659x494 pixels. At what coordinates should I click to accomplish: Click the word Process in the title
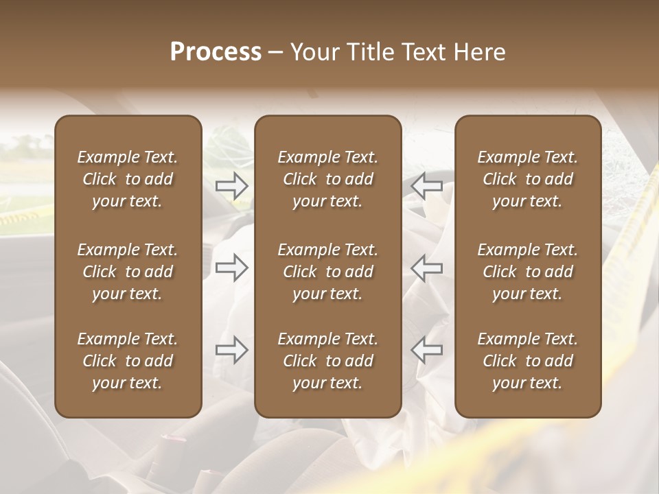coord(216,52)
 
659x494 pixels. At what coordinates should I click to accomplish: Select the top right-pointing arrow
coord(232,185)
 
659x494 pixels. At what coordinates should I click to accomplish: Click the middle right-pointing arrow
coord(232,268)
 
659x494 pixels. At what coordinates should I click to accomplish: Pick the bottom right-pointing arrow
coord(232,349)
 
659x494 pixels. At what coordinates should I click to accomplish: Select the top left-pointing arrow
coord(427,185)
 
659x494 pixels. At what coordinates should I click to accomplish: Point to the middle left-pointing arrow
coord(427,268)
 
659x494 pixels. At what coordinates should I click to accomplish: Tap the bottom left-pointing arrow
coord(427,349)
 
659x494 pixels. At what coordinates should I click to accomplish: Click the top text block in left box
coord(128,179)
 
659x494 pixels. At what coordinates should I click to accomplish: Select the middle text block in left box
coord(128,272)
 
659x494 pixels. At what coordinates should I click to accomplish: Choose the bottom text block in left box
coord(128,361)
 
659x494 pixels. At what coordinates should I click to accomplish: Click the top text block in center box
coord(328,179)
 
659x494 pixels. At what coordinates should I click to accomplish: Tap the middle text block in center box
coord(328,272)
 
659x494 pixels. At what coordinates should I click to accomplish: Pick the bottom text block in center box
coord(328,361)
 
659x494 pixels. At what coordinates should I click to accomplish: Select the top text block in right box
coord(528,179)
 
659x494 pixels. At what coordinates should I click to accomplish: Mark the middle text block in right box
coord(528,272)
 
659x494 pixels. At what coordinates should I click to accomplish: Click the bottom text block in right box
coord(528,361)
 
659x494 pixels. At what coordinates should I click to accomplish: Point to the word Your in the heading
coord(312,52)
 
